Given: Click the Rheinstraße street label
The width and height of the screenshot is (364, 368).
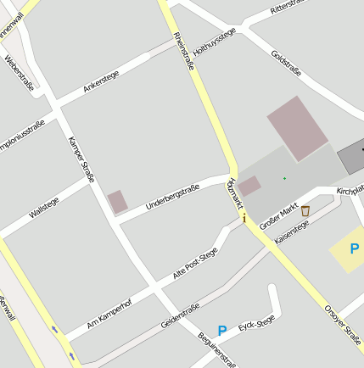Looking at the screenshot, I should point(184,49).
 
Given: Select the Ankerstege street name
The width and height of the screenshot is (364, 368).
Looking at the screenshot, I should point(101,81).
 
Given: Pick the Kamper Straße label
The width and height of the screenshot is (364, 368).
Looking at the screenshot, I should point(81,159).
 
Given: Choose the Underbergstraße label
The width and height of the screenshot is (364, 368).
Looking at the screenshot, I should point(172,197).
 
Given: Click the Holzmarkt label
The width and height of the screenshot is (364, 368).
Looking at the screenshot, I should point(235,193).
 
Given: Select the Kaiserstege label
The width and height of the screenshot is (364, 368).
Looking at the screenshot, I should point(291,229).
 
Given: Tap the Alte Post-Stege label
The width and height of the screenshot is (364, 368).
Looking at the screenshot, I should point(195,263).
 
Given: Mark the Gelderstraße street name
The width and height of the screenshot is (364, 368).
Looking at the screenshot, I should point(180,315).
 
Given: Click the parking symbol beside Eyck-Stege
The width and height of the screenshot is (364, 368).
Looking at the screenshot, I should point(222,331).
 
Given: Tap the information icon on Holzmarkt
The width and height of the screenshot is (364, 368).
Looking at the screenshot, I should point(244,218).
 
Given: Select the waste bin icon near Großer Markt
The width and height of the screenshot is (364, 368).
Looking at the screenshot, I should point(305,210).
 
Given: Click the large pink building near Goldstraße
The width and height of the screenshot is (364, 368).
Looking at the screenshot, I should point(298,128).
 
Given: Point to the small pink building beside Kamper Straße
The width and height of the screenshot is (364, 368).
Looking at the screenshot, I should point(118,202).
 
